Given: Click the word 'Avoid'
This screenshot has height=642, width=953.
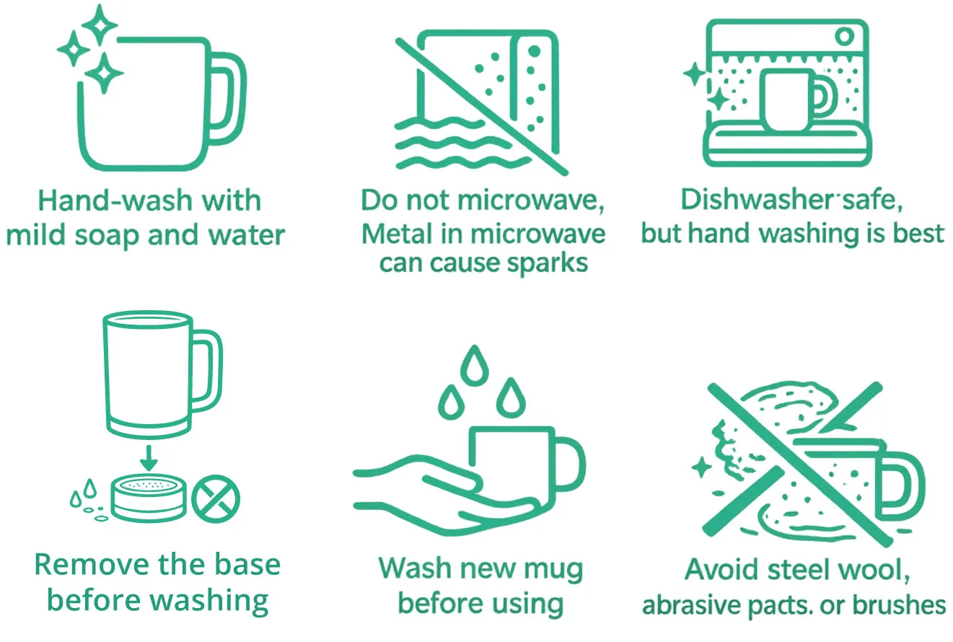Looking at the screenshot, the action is [722, 569].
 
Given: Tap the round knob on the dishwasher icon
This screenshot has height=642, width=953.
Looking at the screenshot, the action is [845, 36].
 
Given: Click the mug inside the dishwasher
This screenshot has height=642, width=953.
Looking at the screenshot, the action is [792, 100].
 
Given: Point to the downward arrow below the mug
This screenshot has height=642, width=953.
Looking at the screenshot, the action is [148, 458].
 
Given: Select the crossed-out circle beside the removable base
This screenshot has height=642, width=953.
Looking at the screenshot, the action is [216, 499].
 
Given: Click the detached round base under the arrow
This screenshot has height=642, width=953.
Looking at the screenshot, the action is [149, 498].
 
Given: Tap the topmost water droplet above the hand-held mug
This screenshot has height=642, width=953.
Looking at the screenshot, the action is [475, 366].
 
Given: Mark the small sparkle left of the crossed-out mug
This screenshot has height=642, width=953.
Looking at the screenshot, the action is [701, 467].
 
